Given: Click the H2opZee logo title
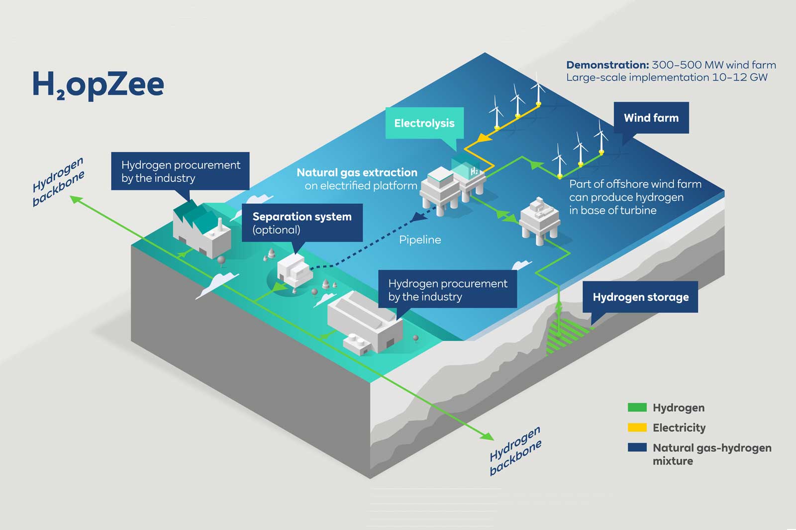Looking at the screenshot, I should (98, 85).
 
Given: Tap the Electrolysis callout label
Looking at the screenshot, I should (424, 123).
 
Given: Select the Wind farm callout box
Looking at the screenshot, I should (651, 118).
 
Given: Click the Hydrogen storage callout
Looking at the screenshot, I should (640, 297).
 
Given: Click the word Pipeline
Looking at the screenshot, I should (420, 240).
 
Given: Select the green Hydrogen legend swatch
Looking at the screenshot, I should (637, 408).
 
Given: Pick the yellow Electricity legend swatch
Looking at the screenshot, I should (637, 428).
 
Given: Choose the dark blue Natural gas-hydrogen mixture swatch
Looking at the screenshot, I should (637, 447).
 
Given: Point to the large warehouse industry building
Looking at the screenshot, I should (366, 321).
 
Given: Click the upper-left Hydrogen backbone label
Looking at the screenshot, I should (58, 181).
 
